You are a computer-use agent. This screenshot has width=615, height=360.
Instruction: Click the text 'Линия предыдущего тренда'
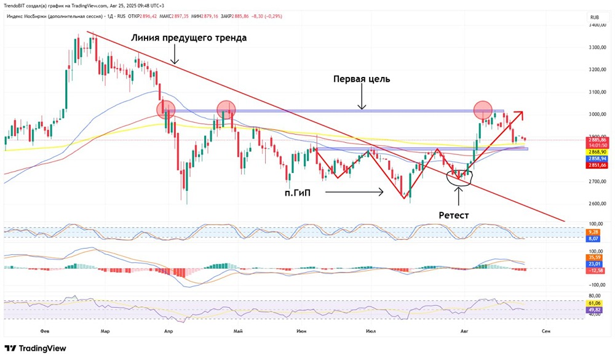coord(189,38)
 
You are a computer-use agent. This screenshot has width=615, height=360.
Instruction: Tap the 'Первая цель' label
coord(362,79)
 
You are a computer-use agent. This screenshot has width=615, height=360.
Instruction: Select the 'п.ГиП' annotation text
coord(298,193)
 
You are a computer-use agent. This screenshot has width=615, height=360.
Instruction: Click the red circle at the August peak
coord(483,110)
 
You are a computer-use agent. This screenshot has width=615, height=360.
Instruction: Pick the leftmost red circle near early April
coord(165,110)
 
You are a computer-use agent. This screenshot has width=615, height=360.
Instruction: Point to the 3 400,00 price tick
coord(595,26)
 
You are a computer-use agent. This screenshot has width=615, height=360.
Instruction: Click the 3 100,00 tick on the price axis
coord(595,92)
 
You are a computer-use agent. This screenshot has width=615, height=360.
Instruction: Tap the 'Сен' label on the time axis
coord(545,331)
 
